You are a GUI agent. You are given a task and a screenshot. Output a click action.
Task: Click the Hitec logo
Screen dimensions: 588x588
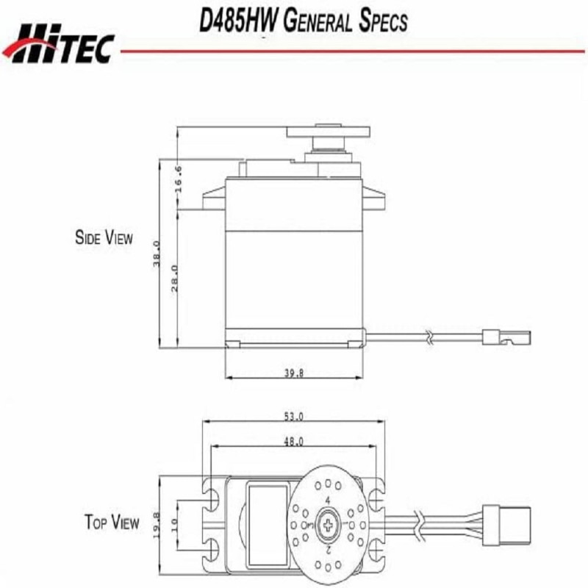pos(58,43)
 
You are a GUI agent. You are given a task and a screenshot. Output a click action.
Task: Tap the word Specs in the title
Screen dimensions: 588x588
pos(383,21)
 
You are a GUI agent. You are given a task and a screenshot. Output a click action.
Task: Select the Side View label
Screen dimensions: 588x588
pos(104,237)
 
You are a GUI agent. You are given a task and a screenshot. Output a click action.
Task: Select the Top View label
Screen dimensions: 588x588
pos(112,522)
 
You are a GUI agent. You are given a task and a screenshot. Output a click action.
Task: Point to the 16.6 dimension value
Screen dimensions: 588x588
pos(179,179)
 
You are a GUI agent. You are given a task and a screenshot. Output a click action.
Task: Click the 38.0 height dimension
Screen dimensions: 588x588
pos(157,254)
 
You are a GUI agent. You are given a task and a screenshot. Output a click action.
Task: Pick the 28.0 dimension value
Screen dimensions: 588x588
pos(175,279)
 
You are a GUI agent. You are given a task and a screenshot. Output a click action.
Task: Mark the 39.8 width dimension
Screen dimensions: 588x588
pos(293,373)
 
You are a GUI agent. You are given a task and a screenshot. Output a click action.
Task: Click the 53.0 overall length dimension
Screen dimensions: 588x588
pos(293,417)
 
